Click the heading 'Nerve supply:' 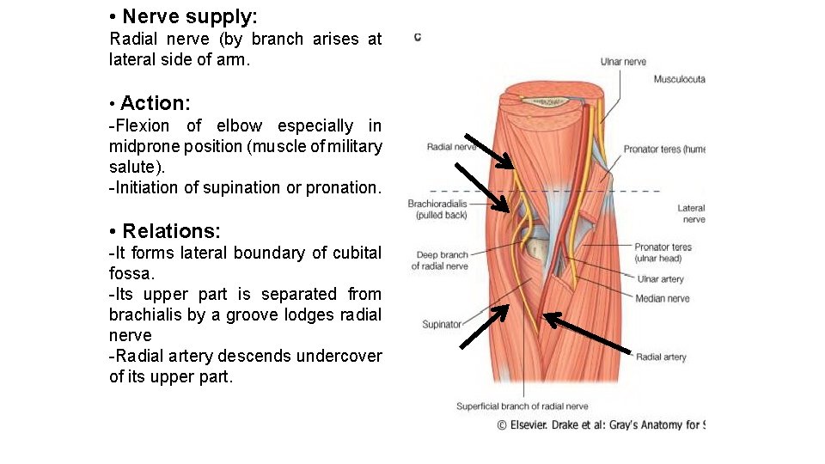(189, 16)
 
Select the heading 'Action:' (156, 103)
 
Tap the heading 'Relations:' (171, 231)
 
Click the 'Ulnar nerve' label (623, 62)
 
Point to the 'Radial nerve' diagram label (451, 147)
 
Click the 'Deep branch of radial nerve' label (442, 260)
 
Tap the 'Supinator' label (442, 324)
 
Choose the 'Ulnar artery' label (660, 279)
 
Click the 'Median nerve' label (662, 299)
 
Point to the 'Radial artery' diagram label (661, 357)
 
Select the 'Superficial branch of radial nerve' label (522, 406)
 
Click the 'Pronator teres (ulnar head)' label (663, 253)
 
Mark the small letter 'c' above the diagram (417, 37)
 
